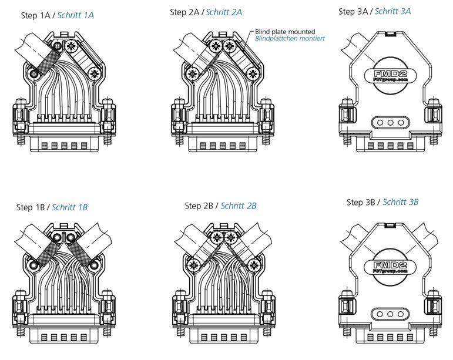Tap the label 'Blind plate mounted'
285,31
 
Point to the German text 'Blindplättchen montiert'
290,39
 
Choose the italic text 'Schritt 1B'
69,207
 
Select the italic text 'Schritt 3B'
400,202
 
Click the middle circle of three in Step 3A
388,122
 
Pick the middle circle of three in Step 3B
388,314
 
